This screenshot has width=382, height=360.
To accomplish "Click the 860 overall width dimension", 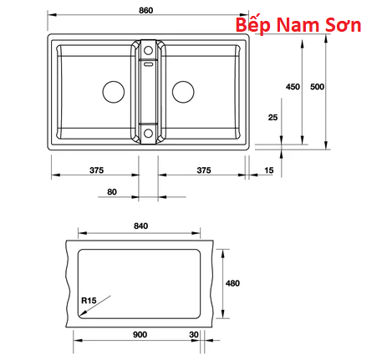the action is pyautogui.click(x=146, y=10).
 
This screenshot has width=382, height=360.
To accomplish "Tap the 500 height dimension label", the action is pyautogui.click(x=317, y=87).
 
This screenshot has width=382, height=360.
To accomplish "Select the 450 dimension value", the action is pyautogui.click(x=293, y=87).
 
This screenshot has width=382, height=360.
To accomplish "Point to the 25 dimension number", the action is pyautogui.click(x=273, y=118).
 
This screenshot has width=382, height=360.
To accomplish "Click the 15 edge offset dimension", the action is pyautogui.click(x=269, y=170).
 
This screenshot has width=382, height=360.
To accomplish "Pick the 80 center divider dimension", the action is pyautogui.click(x=112, y=192).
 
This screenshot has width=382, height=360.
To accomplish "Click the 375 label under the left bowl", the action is pyautogui.click(x=96, y=170).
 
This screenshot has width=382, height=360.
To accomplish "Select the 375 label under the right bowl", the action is pyautogui.click(x=204, y=170).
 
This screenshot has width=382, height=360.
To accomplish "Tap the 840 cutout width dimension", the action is pyautogui.click(x=141, y=226).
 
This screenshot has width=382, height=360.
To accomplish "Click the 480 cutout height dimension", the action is pyautogui.click(x=232, y=283).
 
